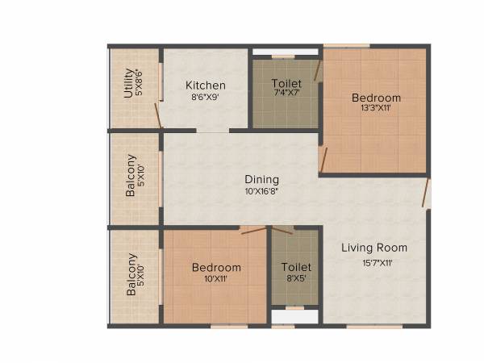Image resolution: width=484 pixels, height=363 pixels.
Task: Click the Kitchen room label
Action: tap(206, 86)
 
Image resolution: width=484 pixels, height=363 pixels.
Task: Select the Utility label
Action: tap(129, 83)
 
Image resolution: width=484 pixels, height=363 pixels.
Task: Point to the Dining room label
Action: tap(262, 180)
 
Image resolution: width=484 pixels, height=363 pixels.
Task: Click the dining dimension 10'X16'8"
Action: tap(262, 191)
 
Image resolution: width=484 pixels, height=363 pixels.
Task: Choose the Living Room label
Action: tap(373, 248)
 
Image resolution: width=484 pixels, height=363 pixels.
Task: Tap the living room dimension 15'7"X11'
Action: tap(373, 261)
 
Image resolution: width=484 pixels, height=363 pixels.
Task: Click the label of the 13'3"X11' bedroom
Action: tap(376, 98)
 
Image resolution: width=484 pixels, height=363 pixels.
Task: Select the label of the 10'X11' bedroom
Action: tap(216, 268)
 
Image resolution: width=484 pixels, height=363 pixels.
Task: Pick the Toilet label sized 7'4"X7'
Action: tap(286, 83)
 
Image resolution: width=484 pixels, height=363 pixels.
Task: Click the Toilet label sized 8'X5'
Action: tap(296, 267)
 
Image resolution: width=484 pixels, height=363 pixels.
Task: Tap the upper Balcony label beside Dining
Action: tap(131, 176)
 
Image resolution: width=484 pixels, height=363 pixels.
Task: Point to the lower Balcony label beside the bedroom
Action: tap(131, 275)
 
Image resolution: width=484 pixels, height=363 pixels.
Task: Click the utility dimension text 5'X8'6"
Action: tap(139, 83)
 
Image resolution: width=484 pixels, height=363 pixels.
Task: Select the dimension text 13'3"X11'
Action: tap(375, 108)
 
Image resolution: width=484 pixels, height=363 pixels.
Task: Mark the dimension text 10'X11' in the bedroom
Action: tap(216, 278)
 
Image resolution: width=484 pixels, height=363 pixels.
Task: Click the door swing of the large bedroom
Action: tap(323, 159)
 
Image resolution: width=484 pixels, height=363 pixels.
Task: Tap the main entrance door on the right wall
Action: tap(427, 194)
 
